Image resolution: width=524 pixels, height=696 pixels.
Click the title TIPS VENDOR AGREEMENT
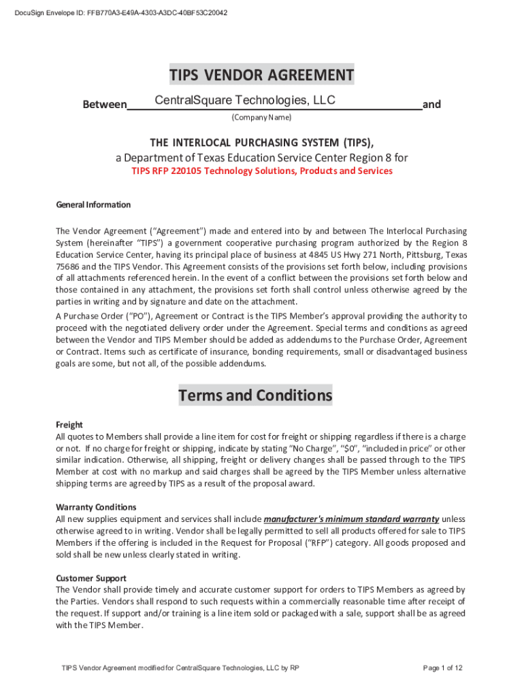262,75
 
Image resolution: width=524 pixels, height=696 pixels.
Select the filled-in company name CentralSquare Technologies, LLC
245,101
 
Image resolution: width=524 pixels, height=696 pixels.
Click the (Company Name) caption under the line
261,118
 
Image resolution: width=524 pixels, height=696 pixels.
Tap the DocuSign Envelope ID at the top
120,13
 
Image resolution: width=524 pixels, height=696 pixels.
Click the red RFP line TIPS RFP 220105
261,171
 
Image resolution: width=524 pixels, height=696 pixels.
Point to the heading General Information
93,205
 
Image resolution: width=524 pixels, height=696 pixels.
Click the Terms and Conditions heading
255,395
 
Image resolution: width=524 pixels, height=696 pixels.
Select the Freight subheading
69,424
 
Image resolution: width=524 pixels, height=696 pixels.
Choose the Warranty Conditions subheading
96,507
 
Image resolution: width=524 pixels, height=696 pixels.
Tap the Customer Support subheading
91,578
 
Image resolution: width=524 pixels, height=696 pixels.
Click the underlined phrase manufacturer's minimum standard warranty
351,519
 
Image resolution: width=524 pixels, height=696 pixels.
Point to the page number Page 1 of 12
442,668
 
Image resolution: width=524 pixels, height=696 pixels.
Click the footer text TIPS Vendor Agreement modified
180,668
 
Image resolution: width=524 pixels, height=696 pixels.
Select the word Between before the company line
104,105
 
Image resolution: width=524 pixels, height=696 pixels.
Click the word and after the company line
431,105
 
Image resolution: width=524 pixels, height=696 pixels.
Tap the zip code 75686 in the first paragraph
68,267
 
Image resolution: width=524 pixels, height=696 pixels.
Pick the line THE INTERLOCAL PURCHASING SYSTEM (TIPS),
261,143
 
